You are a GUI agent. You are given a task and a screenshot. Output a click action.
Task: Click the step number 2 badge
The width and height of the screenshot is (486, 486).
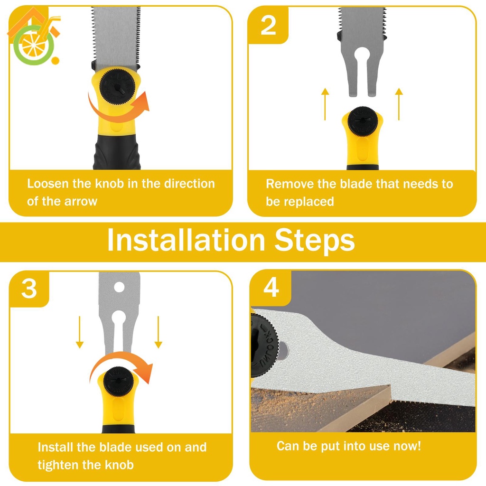pyautogui.click(x=268, y=26)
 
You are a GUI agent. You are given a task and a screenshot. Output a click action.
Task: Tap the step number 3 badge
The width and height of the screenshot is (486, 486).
pyautogui.click(x=29, y=289)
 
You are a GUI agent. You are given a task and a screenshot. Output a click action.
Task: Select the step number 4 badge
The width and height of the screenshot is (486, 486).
pyautogui.click(x=271, y=288)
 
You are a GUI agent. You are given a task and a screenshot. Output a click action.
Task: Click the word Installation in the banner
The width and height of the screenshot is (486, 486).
pyautogui.click(x=186, y=240)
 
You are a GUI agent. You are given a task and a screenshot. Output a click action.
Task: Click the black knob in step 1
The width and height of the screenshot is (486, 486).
pyautogui.click(x=118, y=86)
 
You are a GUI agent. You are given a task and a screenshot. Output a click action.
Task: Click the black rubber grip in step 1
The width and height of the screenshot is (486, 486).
pyautogui.click(x=117, y=152)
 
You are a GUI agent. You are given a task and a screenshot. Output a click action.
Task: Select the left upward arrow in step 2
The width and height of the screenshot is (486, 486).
pyautogui.click(x=325, y=104)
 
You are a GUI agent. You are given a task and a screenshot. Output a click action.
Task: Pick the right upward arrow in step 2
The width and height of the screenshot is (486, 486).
pyautogui.click(x=399, y=104)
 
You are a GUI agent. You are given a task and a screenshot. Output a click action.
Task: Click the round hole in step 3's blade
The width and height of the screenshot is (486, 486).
pyautogui.click(x=119, y=287)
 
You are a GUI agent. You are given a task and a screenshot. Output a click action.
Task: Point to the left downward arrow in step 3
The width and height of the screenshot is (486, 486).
pyautogui.click(x=80, y=332)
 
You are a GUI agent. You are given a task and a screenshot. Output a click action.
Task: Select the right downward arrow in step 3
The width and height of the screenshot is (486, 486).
pyautogui.click(x=159, y=332)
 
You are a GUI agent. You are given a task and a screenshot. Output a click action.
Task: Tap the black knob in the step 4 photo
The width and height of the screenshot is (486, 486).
pyautogui.click(x=264, y=345)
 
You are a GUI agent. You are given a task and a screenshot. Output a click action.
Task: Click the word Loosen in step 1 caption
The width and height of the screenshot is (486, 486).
pyautogui.click(x=48, y=184)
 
